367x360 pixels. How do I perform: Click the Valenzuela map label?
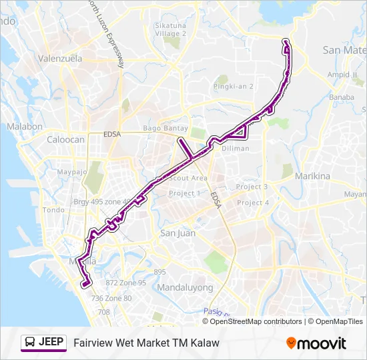[59, 59]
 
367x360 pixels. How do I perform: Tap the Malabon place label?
[25, 127]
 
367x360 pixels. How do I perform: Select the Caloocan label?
[65, 140]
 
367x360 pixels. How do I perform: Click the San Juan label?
[177, 233]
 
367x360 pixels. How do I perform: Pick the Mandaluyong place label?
[185, 288]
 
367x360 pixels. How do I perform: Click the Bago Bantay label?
[165, 129]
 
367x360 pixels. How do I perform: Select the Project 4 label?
[253, 203]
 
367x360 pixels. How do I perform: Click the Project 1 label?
[184, 193]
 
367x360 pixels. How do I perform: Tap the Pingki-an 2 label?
[234, 87]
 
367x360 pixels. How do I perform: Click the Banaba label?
[341, 97]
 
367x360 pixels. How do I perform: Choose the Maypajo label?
[73, 172]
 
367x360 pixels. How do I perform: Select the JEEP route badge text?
[51, 343]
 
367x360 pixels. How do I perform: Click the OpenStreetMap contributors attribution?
[256, 321]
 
